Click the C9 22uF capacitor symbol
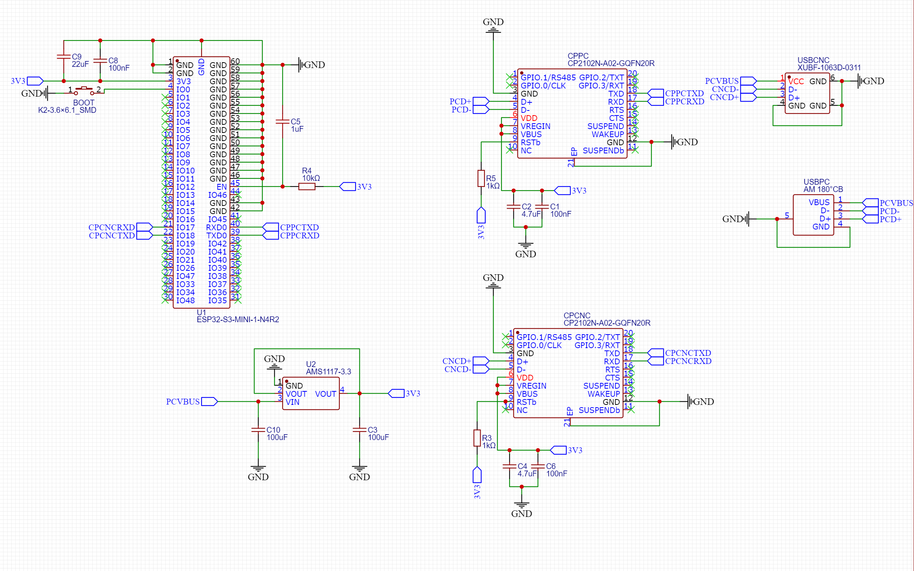[x=64, y=57]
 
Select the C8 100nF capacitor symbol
[x=100, y=61]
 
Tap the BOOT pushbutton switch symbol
[x=84, y=91]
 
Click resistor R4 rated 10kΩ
[x=307, y=187]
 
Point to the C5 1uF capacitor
[x=283, y=122]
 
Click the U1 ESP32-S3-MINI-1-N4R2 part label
[x=238, y=316]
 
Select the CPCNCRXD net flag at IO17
[x=145, y=227]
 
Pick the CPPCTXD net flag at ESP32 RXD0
[x=270, y=227]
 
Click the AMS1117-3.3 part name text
[x=328, y=372]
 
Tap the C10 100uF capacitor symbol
[x=258, y=430]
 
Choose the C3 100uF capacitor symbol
[x=359, y=430]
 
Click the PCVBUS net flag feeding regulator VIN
[x=210, y=401]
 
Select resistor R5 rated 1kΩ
[x=481, y=178]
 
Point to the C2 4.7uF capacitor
[x=513, y=207]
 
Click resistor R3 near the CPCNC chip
[x=477, y=438]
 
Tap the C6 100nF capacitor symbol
[x=538, y=466]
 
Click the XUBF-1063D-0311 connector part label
[x=829, y=68]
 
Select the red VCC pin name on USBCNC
[x=796, y=82]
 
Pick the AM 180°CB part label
[x=823, y=189]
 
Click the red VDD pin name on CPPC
[x=529, y=118]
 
